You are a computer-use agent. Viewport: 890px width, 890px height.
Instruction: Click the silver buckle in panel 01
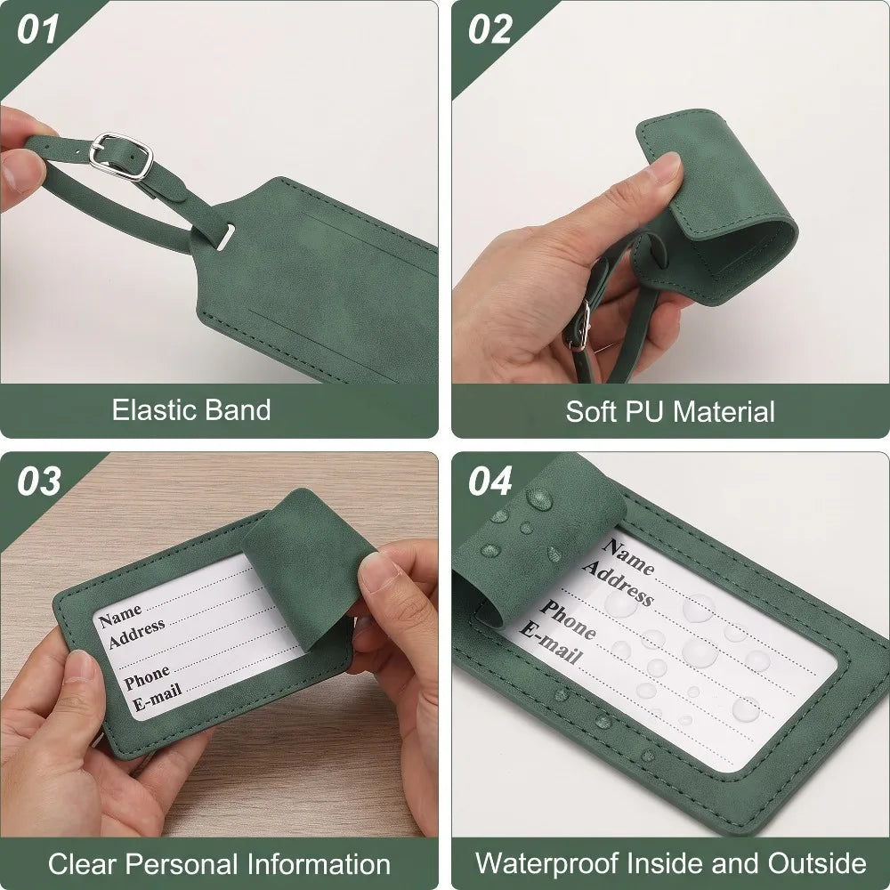coord(121,156)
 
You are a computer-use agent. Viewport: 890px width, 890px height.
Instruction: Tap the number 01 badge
coord(37,29)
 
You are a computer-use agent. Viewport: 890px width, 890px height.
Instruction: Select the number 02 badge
coord(489,29)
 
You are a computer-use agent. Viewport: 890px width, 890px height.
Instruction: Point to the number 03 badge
coord(38,481)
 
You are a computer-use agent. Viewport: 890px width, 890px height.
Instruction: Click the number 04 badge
coord(490,481)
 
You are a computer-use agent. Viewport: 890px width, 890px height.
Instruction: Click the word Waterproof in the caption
coord(546,864)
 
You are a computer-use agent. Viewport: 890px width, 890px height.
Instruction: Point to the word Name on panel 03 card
coord(120,616)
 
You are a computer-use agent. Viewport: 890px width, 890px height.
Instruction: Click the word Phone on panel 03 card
coord(147,676)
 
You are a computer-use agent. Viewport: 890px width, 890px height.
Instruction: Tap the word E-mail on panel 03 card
coord(158,697)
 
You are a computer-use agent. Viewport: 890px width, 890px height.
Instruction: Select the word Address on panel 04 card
coord(618,581)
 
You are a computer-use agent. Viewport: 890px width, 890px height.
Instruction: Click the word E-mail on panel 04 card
coord(551,643)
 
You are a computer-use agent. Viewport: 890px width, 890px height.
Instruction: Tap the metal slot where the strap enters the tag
coord(225,236)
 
